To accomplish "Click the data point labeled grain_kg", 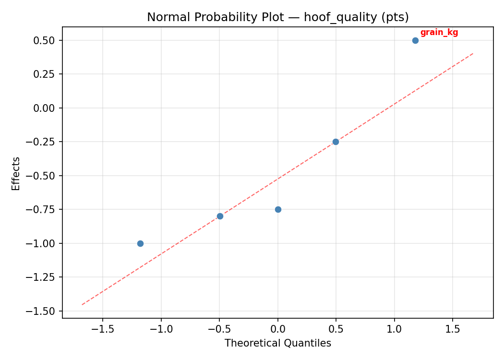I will click(x=415, y=40).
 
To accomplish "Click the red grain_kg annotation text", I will click(x=439, y=33).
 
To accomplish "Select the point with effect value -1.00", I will click(x=140, y=243).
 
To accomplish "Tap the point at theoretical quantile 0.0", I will click(x=278, y=209).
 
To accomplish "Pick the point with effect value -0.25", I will click(x=336, y=142).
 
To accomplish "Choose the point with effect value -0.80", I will click(x=220, y=216).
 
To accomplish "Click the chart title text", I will click(x=278, y=17).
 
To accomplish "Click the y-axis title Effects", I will click(x=16, y=173).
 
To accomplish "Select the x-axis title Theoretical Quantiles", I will click(x=278, y=343).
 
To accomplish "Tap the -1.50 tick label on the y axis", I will click(x=44, y=311).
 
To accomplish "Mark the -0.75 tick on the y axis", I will click(x=44, y=209).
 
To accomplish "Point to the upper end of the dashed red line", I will click(x=473, y=53).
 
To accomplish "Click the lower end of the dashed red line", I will click(x=82, y=304).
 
